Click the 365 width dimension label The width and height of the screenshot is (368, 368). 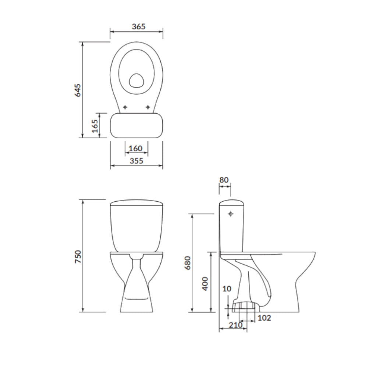coord(138,26)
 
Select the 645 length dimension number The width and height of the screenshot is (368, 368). coord(77,91)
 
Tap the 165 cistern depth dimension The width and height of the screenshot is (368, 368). coord(95,126)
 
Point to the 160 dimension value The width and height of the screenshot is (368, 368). coord(136,148)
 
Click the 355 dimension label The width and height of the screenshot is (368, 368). coord(137,161)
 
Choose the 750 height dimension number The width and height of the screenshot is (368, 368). coord(78,256)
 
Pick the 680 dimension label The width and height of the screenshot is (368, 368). coord(188,263)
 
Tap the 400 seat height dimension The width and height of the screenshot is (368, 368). coord(205,284)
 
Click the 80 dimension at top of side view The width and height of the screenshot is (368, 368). coord(224,180)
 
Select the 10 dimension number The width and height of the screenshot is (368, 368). coord(227,289)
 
